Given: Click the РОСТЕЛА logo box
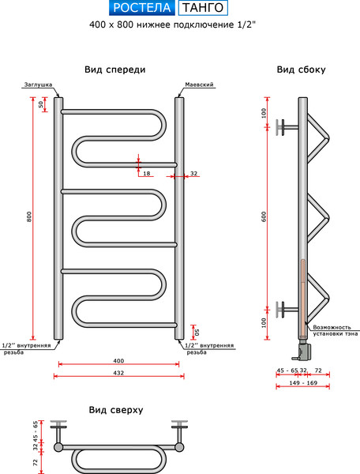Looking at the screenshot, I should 141,9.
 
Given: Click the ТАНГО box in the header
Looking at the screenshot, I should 203,9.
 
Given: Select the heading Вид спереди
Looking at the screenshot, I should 115,70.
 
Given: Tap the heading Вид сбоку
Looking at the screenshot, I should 302,70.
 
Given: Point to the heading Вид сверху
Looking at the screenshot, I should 115,410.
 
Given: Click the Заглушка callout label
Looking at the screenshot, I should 38,83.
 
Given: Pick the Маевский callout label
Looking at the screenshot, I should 200,83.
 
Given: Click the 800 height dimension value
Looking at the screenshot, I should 28,217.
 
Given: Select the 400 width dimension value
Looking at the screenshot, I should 118,361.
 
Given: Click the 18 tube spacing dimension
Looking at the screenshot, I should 147,173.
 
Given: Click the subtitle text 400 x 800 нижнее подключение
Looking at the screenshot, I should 174,24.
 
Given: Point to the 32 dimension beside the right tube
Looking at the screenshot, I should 193,173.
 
